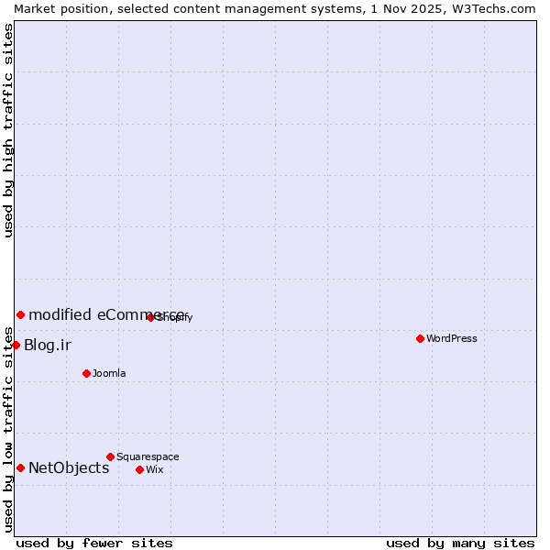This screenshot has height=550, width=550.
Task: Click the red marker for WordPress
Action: [420, 338]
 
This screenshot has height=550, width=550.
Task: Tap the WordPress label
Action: [451, 338]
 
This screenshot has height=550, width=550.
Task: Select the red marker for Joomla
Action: [86, 373]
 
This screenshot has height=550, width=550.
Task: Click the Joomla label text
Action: [109, 373]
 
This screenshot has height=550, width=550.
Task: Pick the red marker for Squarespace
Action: [110, 456]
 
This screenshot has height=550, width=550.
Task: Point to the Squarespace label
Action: [148, 456]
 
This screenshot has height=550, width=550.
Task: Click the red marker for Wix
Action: [139, 469]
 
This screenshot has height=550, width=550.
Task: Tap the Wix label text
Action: [154, 469]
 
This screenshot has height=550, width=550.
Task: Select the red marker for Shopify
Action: [150, 317]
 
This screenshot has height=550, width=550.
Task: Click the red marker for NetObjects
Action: [20, 467]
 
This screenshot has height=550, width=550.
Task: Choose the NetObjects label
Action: [69, 467]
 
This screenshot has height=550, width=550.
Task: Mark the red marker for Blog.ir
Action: [16, 345]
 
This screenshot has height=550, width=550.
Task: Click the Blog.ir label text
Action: [48, 345]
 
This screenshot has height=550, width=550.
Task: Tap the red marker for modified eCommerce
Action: [20, 314]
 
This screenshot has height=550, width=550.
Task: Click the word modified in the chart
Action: [60, 314]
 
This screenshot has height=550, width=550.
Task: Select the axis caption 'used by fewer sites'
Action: [94, 543]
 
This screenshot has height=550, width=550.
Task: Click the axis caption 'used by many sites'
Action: [460, 543]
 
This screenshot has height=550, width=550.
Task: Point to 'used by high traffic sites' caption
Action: [9, 130]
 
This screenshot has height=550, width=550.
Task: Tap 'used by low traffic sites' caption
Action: [9, 428]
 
